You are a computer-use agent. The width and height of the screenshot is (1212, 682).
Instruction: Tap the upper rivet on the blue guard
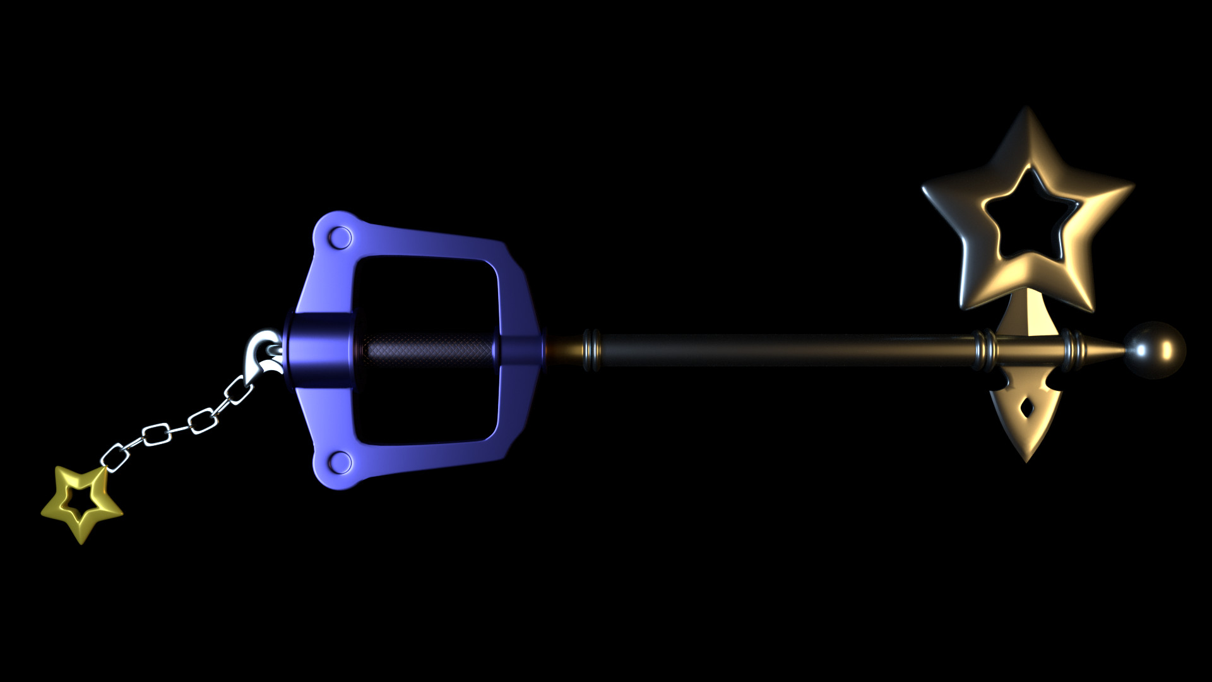pos(341,238)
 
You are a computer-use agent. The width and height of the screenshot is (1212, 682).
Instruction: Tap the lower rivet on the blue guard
pos(341,462)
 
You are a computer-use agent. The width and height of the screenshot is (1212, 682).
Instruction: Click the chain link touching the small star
pos(114,457)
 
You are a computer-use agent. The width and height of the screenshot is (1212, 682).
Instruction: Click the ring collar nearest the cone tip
pos(1069,349)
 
